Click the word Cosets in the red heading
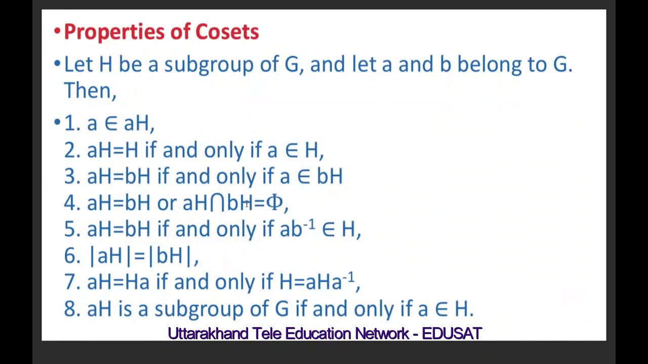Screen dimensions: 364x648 [227, 32]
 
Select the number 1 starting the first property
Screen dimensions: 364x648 [69, 123]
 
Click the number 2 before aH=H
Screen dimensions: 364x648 [71, 150]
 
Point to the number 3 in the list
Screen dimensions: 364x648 [71, 176]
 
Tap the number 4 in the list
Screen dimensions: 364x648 [71, 203]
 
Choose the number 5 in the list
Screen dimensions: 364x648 [71, 229]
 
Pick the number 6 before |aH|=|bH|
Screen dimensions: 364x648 [71, 256]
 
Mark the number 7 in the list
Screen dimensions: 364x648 [71, 282]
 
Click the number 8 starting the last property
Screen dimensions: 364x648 [71, 309]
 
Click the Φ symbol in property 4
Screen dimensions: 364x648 [274, 203]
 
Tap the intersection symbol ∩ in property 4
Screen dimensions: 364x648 [217, 203]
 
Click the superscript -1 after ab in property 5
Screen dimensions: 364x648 [309, 224]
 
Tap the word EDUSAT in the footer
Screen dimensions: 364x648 [452, 334]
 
